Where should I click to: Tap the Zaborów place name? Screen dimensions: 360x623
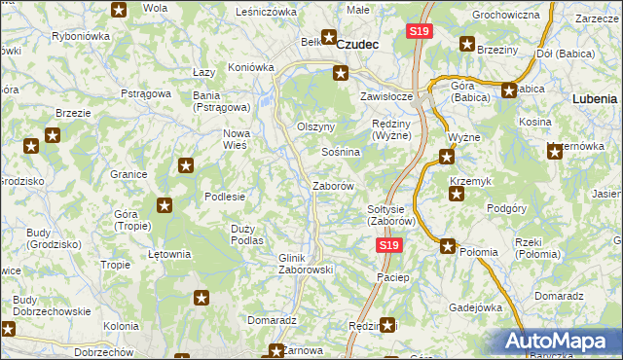point(331,185)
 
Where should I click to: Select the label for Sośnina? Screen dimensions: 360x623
point(341,153)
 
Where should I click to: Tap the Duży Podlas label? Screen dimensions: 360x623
point(247,234)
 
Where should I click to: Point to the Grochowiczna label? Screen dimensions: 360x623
point(505,16)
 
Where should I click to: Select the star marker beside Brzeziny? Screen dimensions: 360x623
point(466,45)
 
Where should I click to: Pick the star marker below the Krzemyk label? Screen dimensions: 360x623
point(455,195)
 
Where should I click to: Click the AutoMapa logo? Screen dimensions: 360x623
point(558,342)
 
